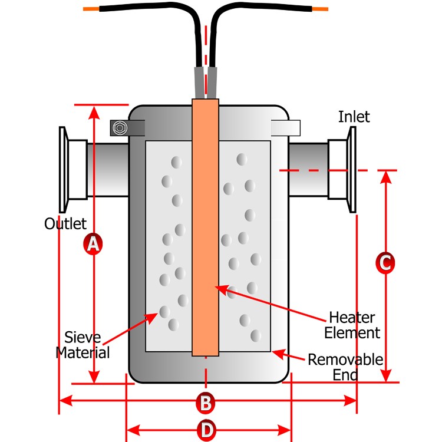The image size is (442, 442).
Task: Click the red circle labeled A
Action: click(93, 243)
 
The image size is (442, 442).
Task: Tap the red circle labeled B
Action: click(205, 403)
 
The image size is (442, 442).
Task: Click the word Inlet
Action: click(354, 117)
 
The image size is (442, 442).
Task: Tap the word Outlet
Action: click(65, 224)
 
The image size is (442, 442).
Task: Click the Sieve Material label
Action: click(83, 345)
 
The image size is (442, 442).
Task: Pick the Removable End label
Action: click(345, 367)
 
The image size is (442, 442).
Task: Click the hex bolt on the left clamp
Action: click(120, 127)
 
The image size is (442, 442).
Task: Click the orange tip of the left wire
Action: click(90, 9)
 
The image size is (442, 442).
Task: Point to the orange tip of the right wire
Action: click(320, 9)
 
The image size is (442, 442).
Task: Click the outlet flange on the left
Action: click(62, 170)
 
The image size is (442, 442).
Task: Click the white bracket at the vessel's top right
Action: click(286, 127)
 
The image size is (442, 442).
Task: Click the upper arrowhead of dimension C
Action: click(385, 176)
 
